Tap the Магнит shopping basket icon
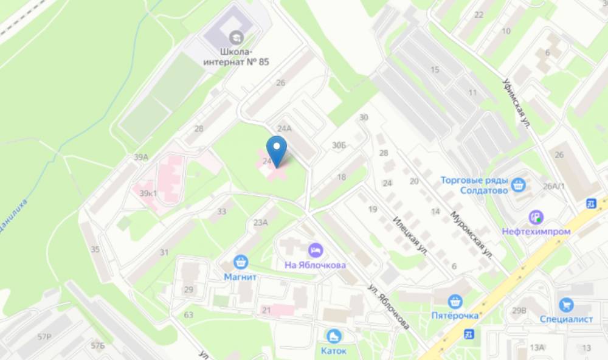coord(241,262)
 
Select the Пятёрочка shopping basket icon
coord(455,301)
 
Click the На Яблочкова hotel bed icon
coord(316,250)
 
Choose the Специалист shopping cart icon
coord(567,305)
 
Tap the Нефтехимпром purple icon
coord(536,216)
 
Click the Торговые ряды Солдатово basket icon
coord(519,184)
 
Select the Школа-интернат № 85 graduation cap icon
coord(236,36)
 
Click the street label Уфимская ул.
coord(517,103)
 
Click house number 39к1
coord(148,193)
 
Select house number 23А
coord(260,223)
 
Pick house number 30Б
coord(339,145)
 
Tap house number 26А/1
coord(554,186)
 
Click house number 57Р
coord(44,336)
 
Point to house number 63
coord(188,314)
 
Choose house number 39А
coord(141,157)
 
